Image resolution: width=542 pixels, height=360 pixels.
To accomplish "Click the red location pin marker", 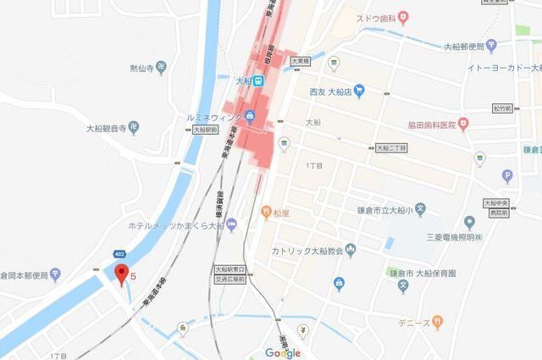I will point(121,274).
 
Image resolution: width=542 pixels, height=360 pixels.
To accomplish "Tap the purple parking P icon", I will point(507,176).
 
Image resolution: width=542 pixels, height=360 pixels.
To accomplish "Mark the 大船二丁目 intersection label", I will point(390,148).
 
